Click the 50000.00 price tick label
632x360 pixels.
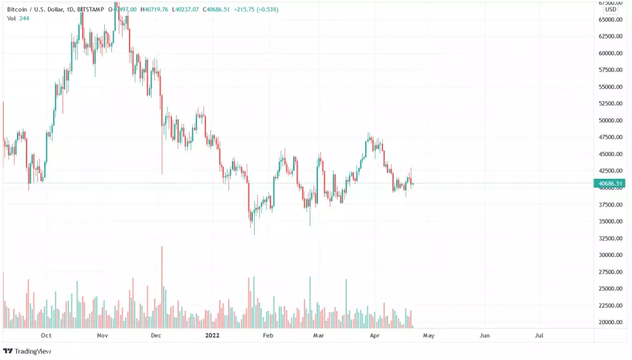[611, 121]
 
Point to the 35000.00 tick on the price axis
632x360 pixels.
[611, 222]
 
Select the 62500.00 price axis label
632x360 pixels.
[611, 37]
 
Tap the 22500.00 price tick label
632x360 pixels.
[611, 306]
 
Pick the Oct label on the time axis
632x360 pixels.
[46, 336]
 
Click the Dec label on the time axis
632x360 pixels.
[157, 336]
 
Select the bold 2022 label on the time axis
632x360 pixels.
[213, 336]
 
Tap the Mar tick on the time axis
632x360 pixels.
[319, 336]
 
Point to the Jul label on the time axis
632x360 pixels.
[540, 336]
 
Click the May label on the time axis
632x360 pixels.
[429, 336]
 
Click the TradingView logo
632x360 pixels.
[28, 351]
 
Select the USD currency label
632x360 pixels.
[611, 9]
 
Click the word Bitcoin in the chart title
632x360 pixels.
[17, 9]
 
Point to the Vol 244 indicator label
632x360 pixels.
[18, 18]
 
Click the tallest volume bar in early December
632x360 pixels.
[162, 287]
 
